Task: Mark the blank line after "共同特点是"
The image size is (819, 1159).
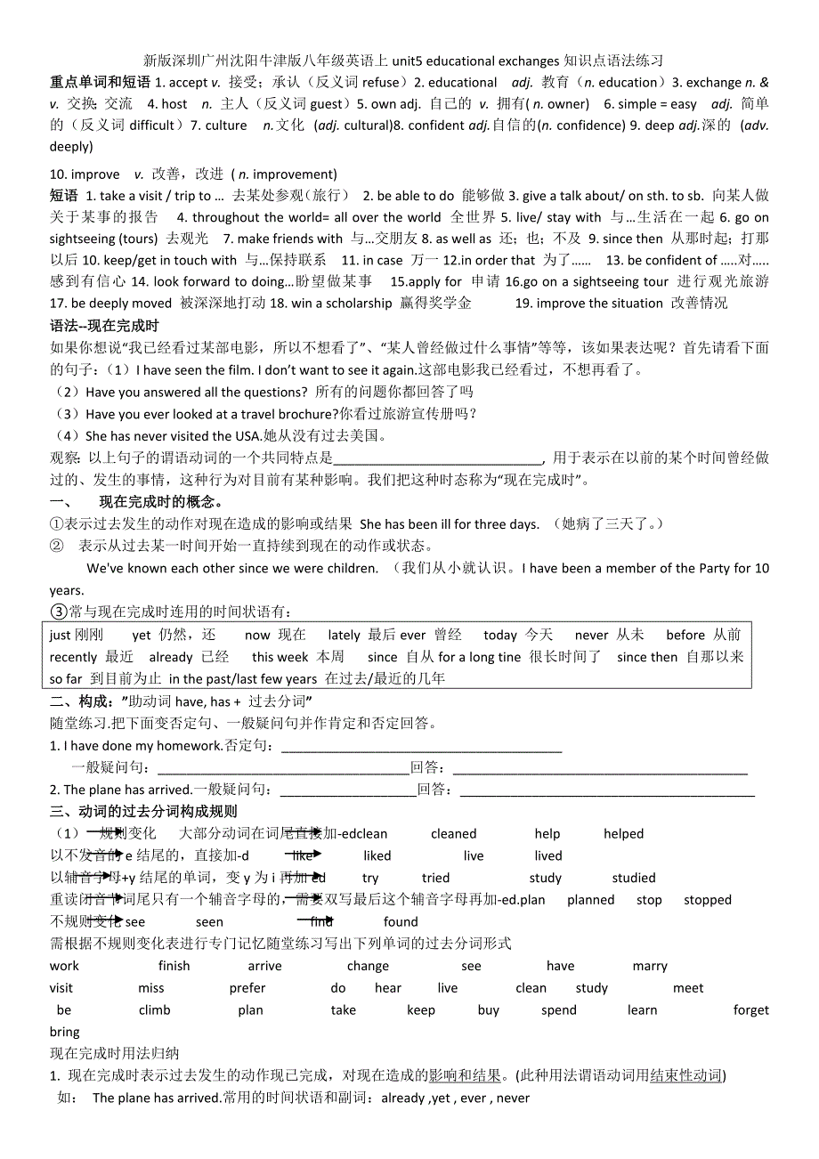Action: point(437,459)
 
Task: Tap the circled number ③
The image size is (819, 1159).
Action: point(59,612)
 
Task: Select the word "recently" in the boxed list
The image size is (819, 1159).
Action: point(74,658)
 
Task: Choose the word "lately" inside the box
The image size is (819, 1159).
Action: point(344,636)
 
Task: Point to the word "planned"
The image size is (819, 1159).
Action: point(590,900)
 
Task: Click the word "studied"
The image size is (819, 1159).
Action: point(634,878)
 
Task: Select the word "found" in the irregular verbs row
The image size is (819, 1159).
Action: point(401,922)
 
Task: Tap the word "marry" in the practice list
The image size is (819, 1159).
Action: point(650,967)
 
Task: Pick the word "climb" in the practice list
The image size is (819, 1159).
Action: point(154,1010)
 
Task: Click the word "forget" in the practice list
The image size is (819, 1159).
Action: point(751,1010)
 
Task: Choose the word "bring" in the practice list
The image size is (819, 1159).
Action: point(65,1033)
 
